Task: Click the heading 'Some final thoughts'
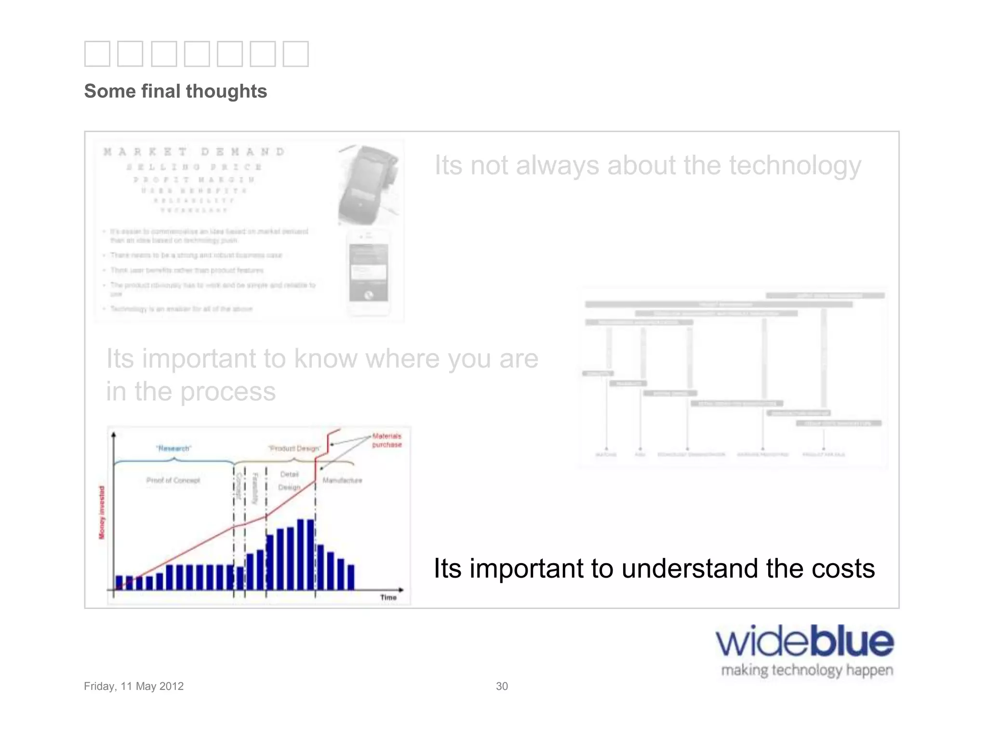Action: pos(175,91)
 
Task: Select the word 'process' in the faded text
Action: pos(227,391)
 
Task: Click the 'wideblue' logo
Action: pos(804,642)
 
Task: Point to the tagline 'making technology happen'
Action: pos(807,670)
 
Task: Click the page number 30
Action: pos(502,686)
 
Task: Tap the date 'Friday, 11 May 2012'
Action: pos(133,686)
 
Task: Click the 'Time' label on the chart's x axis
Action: pos(388,597)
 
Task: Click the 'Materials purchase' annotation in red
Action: pos(387,440)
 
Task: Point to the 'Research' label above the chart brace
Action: pos(173,449)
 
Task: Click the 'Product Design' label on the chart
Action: pos(294,449)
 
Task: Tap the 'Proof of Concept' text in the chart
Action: pos(173,480)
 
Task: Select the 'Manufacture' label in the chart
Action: pos(342,480)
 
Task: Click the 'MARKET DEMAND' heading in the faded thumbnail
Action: pos(194,152)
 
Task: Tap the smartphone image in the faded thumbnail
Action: pos(368,273)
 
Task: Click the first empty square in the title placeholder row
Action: pos(97,53)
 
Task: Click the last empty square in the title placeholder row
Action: pos(295,53)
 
